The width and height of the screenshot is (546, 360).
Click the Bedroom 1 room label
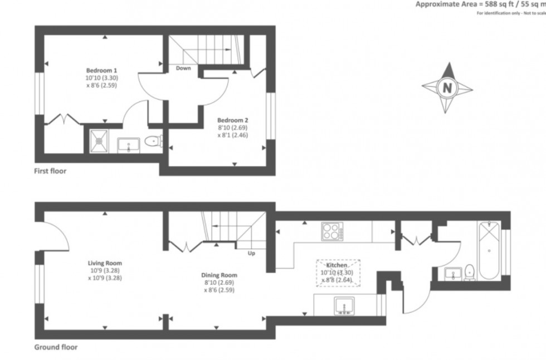101,71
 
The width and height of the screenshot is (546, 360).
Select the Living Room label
105,263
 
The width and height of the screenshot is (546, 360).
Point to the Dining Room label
219,275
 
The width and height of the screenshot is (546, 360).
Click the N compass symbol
447,87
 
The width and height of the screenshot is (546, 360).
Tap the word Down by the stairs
183,69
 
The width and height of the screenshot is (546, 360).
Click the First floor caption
50,171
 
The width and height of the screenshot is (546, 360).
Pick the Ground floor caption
56,347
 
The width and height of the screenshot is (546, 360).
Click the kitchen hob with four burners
332,231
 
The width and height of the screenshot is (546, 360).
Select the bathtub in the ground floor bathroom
489,251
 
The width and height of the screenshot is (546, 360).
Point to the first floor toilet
152,142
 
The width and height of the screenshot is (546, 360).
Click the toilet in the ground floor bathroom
470,273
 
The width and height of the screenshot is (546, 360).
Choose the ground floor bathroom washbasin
452,273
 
